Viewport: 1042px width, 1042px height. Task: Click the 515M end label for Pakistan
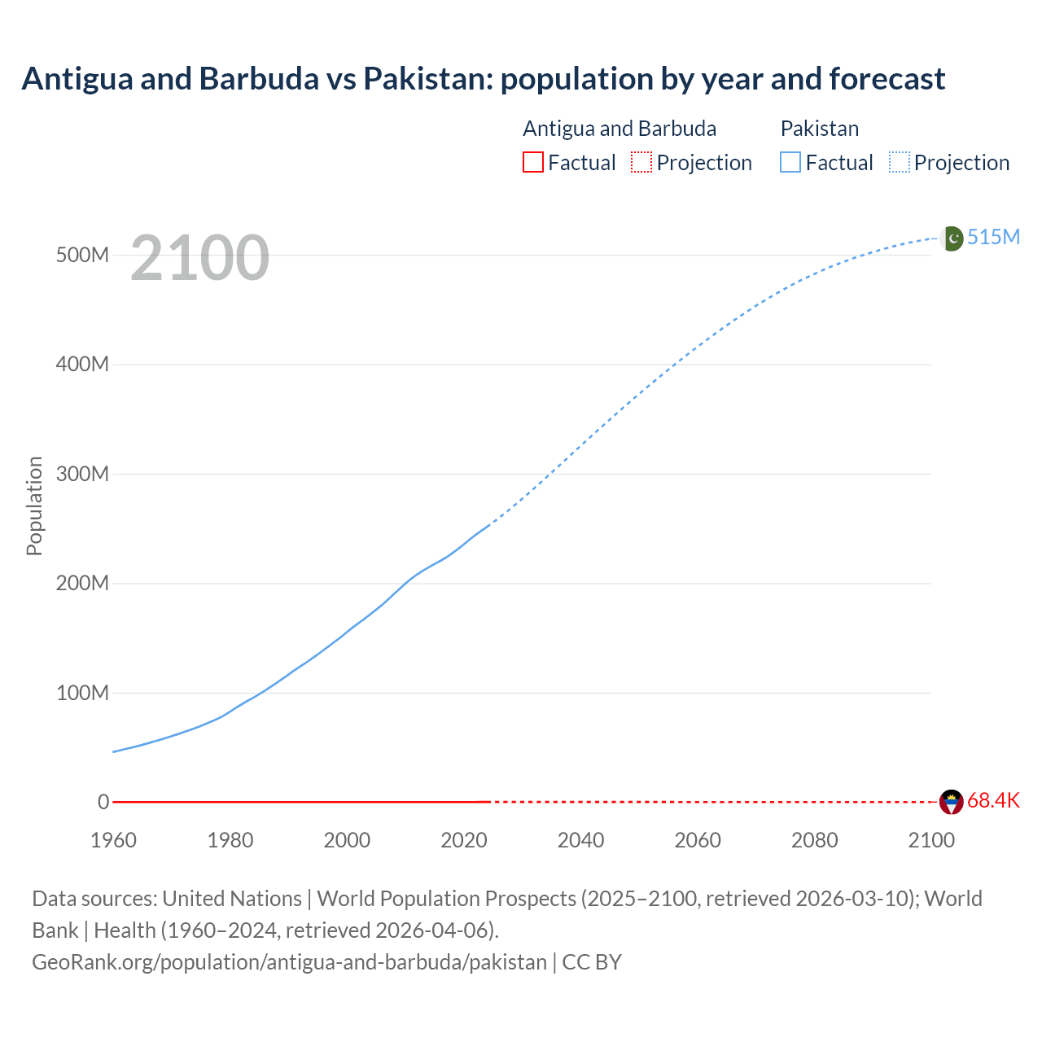[x=993, y=237]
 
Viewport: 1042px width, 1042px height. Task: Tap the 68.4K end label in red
[x=993, y=801]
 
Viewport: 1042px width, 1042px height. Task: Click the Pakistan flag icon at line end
[x=952, y=239]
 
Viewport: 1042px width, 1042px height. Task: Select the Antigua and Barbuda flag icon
[x=952, y=802]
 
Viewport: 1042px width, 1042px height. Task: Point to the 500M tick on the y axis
[x=82, y=255]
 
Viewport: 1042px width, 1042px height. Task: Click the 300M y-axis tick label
[x=82, y=474]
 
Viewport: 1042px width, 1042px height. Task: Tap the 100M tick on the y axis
[x=82, y=693]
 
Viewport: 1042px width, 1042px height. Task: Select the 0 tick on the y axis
[x=103, y=802]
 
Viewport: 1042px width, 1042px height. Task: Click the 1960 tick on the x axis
[x=113, y=840]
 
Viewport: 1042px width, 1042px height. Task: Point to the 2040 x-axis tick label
[x=580, y=840]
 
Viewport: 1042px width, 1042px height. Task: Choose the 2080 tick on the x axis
[x=814, y=840]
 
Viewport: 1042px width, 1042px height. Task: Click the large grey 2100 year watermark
[x=199, y=258]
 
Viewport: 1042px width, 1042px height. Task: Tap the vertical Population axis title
[x=34, y=506]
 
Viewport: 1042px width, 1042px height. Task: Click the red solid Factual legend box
[x=533, y=163]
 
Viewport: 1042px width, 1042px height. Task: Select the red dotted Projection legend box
[x=641, y=163]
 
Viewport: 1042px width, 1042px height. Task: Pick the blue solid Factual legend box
[x=790, y=163]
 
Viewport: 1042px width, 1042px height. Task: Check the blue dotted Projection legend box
[x=900, y=163]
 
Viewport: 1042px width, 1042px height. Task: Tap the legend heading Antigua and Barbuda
[x=620, y=129]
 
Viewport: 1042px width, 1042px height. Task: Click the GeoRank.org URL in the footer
[x=289, y=962]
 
